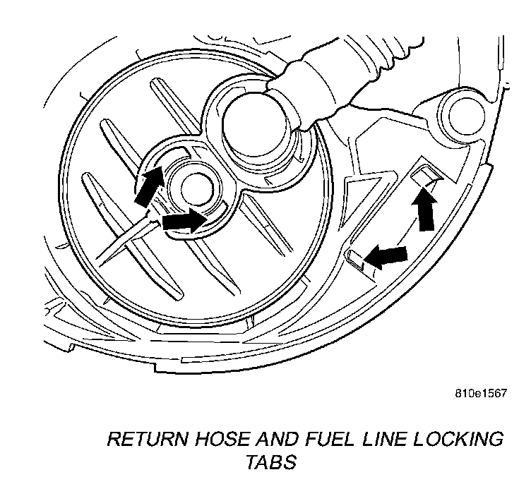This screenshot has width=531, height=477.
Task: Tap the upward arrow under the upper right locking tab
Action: pyautogui.click(x=424, y=210)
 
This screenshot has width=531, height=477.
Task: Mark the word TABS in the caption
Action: pyautogui.click(x=271, y=464)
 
